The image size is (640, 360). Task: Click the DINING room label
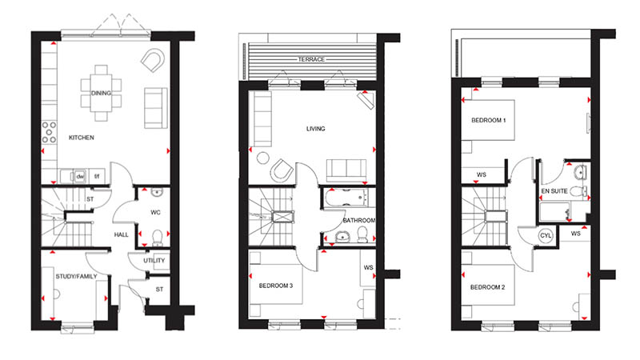101,94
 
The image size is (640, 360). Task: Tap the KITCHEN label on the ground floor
82,138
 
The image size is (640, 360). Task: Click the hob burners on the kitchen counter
50,130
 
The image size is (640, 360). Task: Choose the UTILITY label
154,261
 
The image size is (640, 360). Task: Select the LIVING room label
317,128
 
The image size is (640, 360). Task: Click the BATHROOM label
359,220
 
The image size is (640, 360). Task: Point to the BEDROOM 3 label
278,284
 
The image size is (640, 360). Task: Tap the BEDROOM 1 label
489,120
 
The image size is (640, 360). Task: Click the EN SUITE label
554,192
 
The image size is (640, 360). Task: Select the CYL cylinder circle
546,236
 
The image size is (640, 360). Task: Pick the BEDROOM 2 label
488,287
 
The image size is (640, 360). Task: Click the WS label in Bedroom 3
368,268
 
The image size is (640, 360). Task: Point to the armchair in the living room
282,171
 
